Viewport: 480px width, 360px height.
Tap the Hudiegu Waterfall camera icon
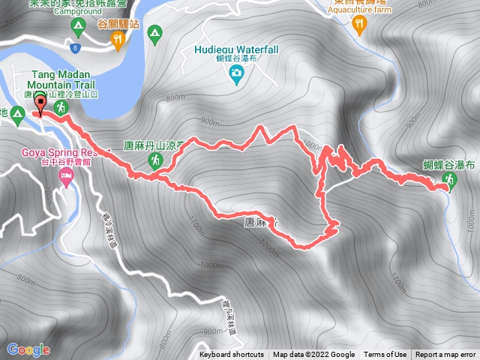(237, 73)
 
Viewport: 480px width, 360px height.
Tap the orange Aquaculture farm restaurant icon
(360, 25)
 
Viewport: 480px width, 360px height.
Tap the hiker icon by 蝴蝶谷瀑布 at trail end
(449, 179)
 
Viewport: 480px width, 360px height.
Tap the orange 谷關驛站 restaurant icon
(117, 42)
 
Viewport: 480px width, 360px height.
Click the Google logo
(28, 349)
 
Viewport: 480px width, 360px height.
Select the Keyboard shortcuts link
(231, 355)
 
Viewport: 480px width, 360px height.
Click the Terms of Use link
(385, 355)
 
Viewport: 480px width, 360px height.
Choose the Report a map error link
(445, 355)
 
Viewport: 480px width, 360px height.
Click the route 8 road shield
(76, 48)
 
